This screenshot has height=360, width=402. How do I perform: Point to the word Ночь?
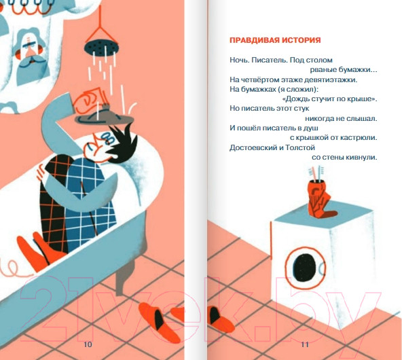click(240, 60)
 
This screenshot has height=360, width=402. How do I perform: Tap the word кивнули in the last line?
click(360, 158)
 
